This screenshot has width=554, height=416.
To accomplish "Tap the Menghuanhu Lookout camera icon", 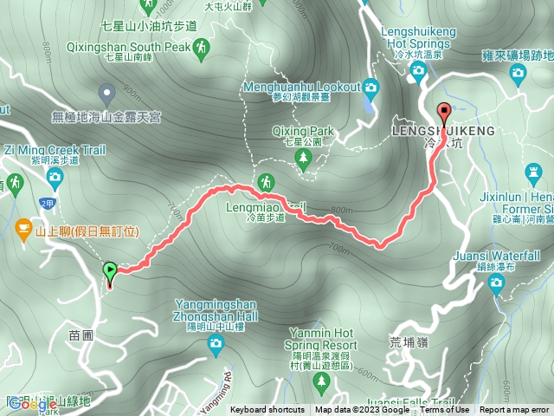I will (x=371, y=87).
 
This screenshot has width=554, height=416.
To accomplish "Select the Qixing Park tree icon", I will (x=303, y=157).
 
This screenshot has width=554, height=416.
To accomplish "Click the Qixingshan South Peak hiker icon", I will (x=201, y=46).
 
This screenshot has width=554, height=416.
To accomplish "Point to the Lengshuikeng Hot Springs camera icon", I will (x=420, y=73).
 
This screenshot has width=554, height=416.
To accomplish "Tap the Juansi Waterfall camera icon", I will (x=496, y=282).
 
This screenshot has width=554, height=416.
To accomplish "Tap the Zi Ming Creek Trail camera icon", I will (x=55, y=179).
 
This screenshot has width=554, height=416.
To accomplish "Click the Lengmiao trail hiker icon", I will (x=266, y=182).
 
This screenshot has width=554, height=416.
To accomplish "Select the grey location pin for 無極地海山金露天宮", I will (x=106, y=91).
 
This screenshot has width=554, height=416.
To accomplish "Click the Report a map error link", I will (x=514, y=410).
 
